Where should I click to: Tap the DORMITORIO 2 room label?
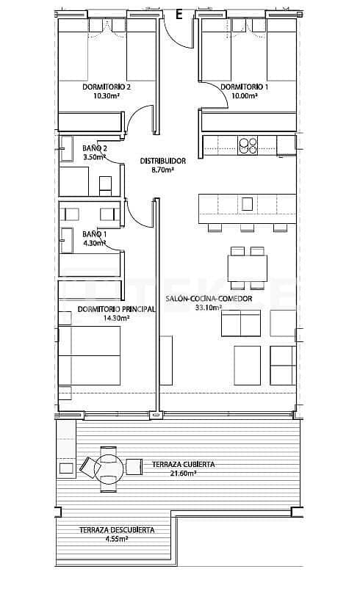click(x=107, y=87)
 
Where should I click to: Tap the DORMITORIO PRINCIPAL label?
click(x=106, y=309)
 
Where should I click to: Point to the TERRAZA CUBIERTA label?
click(x=184, y=465)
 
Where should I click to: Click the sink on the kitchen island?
click(x=248, y=203)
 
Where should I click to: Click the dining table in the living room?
click(x=246, y=269)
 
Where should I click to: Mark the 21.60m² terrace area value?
click(x=184, y=474)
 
